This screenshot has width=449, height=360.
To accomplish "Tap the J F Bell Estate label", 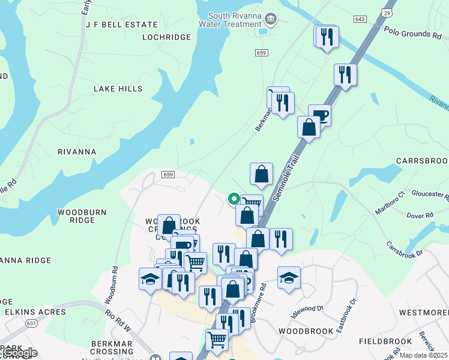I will click(122, 25).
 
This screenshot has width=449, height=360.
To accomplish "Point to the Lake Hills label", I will click(118, 89).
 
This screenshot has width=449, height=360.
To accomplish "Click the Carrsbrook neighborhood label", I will click(422, 161).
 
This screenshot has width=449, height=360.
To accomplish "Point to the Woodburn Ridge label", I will click(77, 216).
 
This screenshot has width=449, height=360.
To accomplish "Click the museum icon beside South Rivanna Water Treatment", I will click(271, 20).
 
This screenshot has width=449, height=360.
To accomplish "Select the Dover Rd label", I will click(420, 215).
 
